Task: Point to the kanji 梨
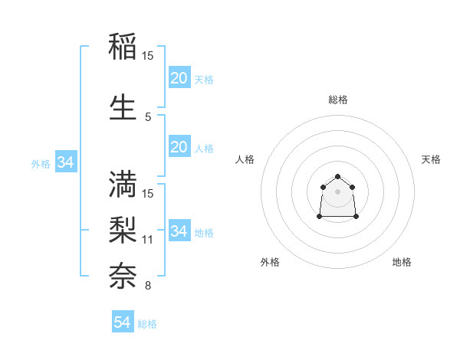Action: pyautogui.click(x=123, y=229)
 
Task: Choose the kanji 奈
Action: pyautogui.click(x=123, y=274)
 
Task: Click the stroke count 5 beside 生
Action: pyautogui.click(x=148, y=117)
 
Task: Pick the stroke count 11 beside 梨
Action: pyautogui.click(x=148, y=240)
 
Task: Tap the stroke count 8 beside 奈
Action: pyautogui.click(x=148, y=286)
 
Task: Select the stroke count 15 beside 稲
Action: pyautogui.click(x=148, y=56)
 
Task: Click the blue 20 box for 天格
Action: pyautogui.click(x=179, y=78)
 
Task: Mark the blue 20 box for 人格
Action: pyautogui.click(x=179, y=147)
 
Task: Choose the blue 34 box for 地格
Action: pyautogui.click(x=179, y=231)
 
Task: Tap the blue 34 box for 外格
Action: pyautogui.click(x=65, y=162)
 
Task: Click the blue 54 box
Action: pyautogui.click(x=122, y=322)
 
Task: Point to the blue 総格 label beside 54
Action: pyautogui.click(x=147, y=324)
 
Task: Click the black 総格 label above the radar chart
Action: pyautogui.click(x=337, y=100)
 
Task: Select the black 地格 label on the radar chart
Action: pyautogui.click(x=402, y=262)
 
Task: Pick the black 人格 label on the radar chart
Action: pyautogui.click(x=245, y=159)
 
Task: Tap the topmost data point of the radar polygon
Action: pyautogui.click(x=337, y=176)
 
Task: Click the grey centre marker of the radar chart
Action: pyautogui.click(x=337, y=191)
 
